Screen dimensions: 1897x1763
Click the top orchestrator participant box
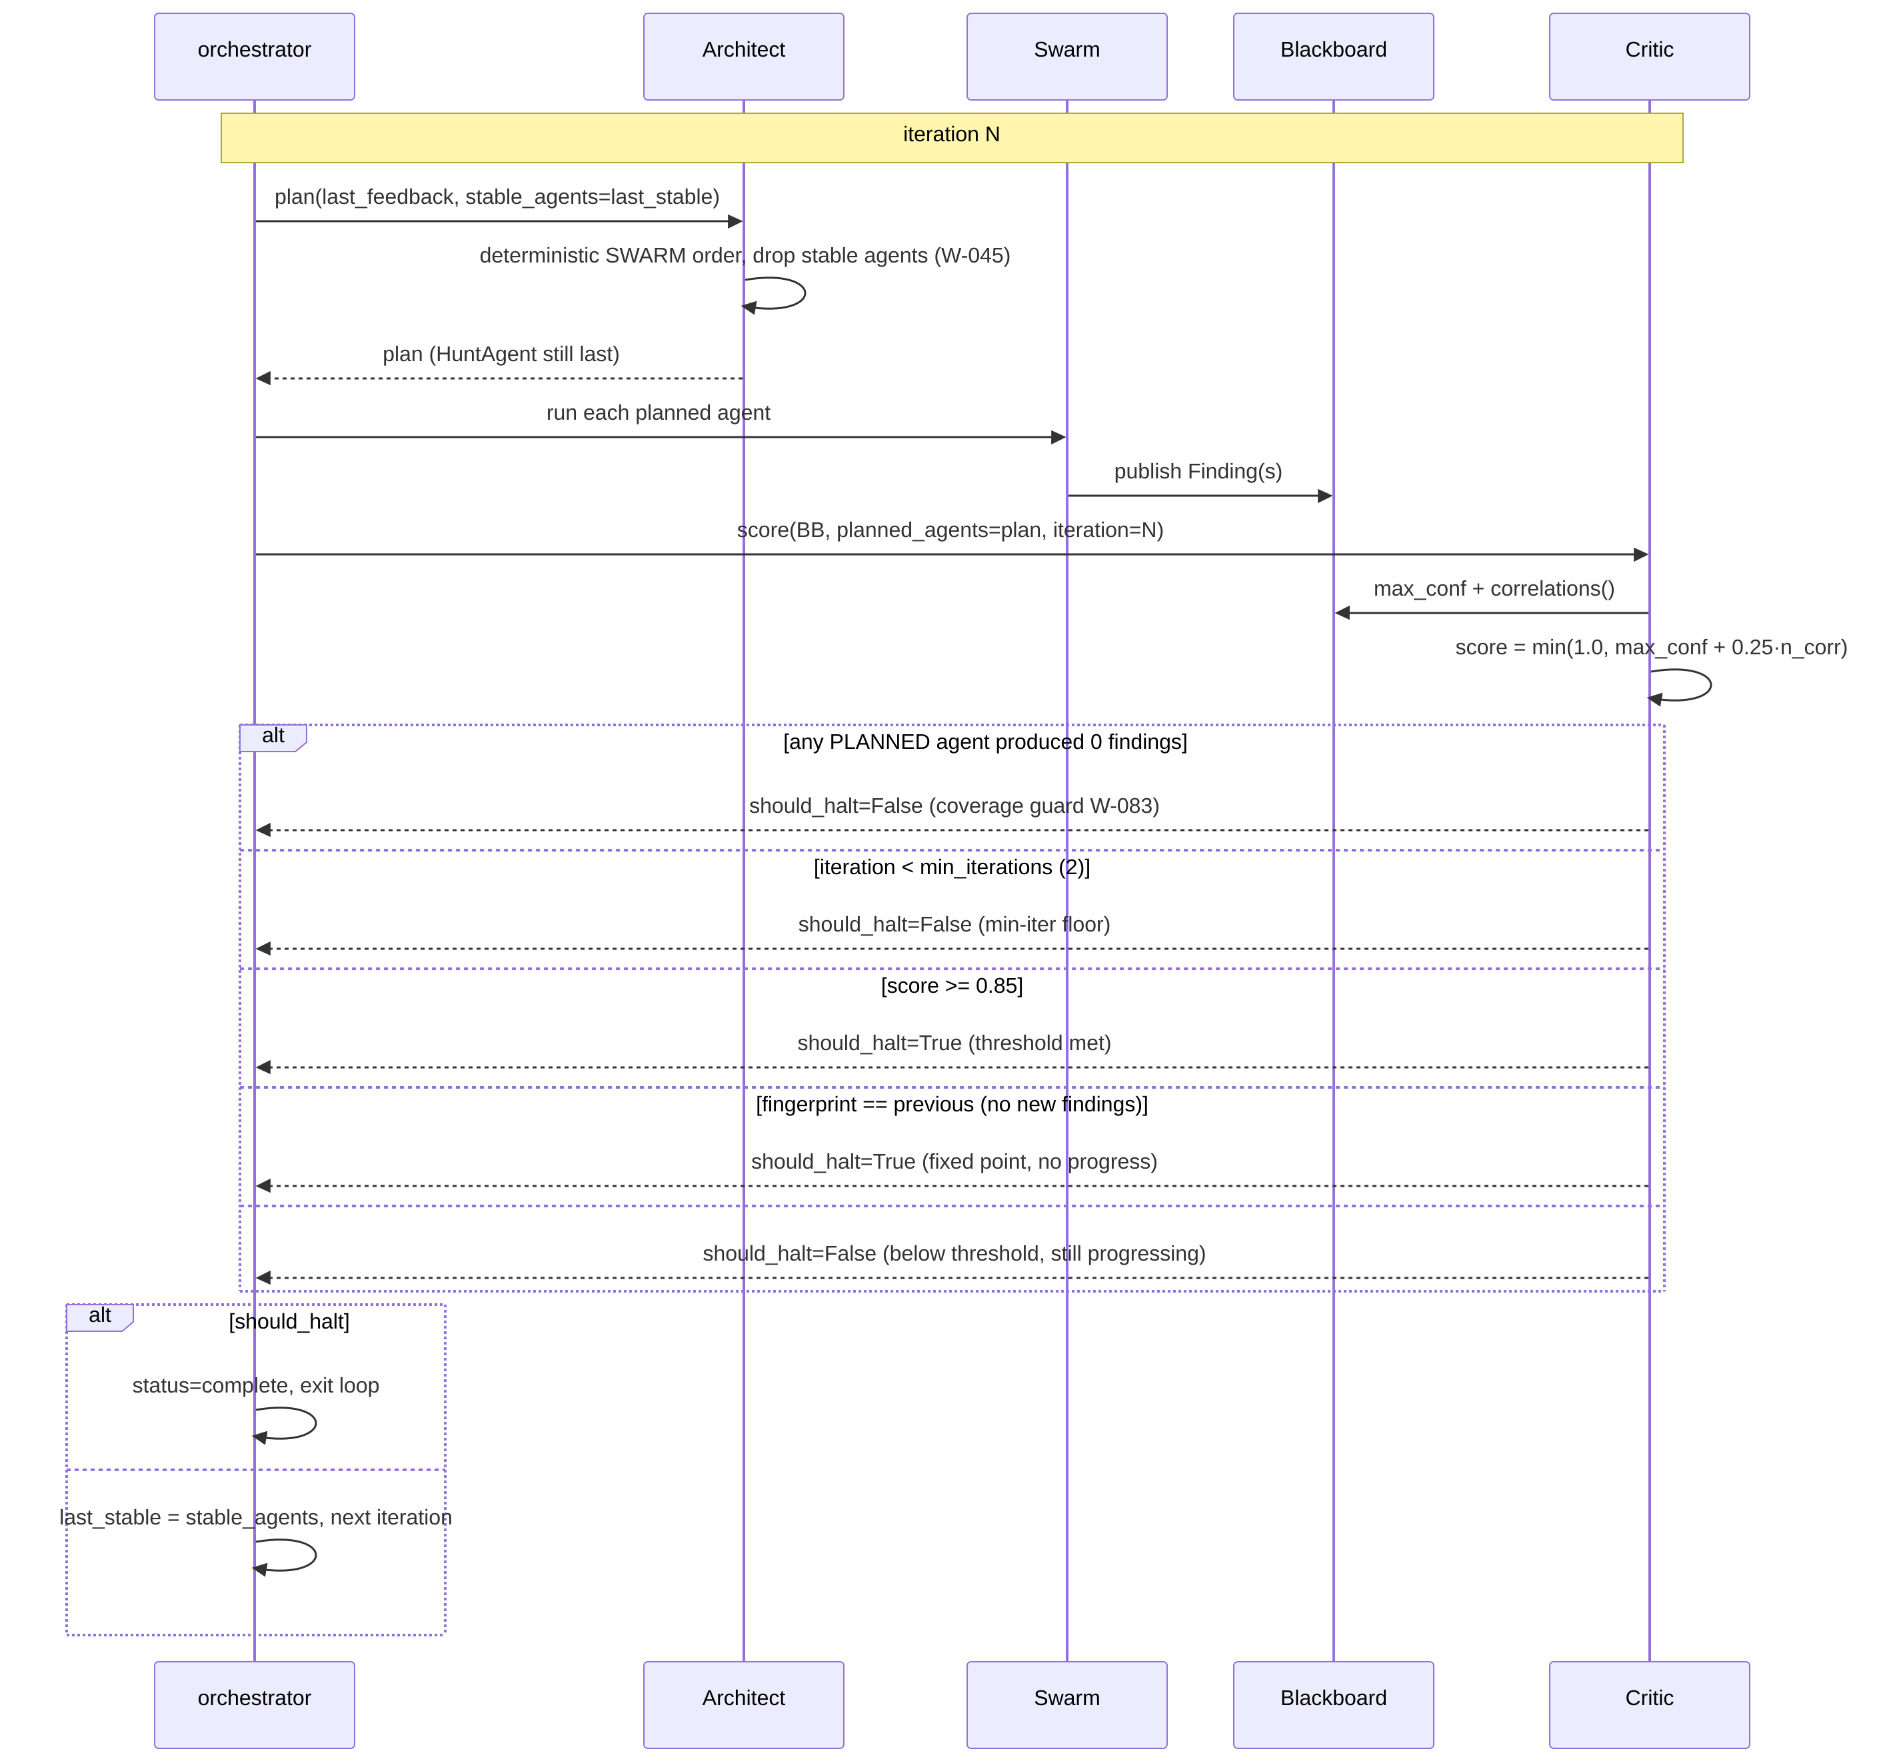point(255,56)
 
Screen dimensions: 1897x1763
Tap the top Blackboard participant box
point(1333,56)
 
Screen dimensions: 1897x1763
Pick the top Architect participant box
point(743,56)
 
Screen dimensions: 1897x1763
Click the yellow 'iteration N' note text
point(951,135)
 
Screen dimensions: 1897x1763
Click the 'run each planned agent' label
point(659,413)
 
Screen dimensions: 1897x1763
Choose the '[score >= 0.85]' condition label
point(951,985)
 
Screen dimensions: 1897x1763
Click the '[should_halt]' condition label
point(289,1321)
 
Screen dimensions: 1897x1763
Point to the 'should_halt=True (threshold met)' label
point(954,1043)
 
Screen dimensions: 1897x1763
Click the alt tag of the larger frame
point(273,738)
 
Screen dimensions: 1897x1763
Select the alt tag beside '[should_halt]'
point(99,1317)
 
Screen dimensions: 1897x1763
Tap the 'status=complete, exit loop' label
point(256,1385)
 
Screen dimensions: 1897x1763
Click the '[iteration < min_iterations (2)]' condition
point(951,868)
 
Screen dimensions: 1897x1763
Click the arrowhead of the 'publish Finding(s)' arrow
point(1324,496)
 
